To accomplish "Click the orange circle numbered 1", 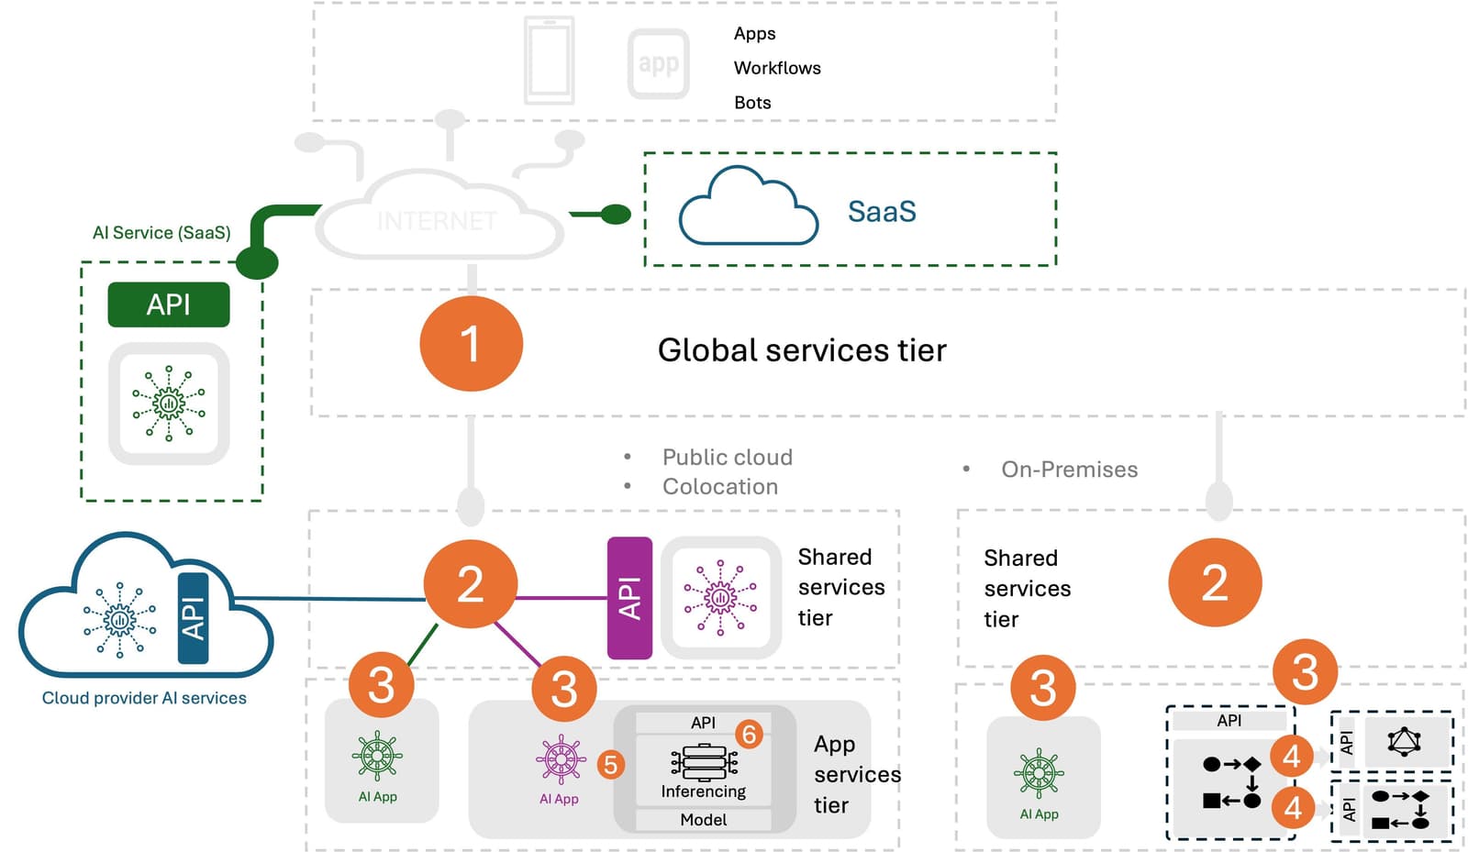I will click(471, 344).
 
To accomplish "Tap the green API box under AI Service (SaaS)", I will click(169, 304).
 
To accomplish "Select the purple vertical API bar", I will click(629, 598).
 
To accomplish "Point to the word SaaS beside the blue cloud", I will click(882, 212).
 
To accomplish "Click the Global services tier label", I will click(802, 350).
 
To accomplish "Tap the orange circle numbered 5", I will click(610, 764).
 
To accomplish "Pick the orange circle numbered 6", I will click(749, 734).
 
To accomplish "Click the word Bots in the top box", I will click(752, 103).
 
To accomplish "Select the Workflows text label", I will click(777, 68).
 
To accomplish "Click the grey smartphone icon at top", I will click(549, 61).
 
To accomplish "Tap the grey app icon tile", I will click(659, 64).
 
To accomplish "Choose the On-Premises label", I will click(1069, 470).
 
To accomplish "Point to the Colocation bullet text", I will click(720, 487).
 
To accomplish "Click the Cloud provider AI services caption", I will click(144, 698).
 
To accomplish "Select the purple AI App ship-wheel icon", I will click(560, 759).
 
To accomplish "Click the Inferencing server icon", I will click(704, 762).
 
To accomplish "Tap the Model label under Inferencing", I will click(704, 820).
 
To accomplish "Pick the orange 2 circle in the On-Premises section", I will click(1215, 583).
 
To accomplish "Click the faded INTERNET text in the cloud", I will click(437, 221).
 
